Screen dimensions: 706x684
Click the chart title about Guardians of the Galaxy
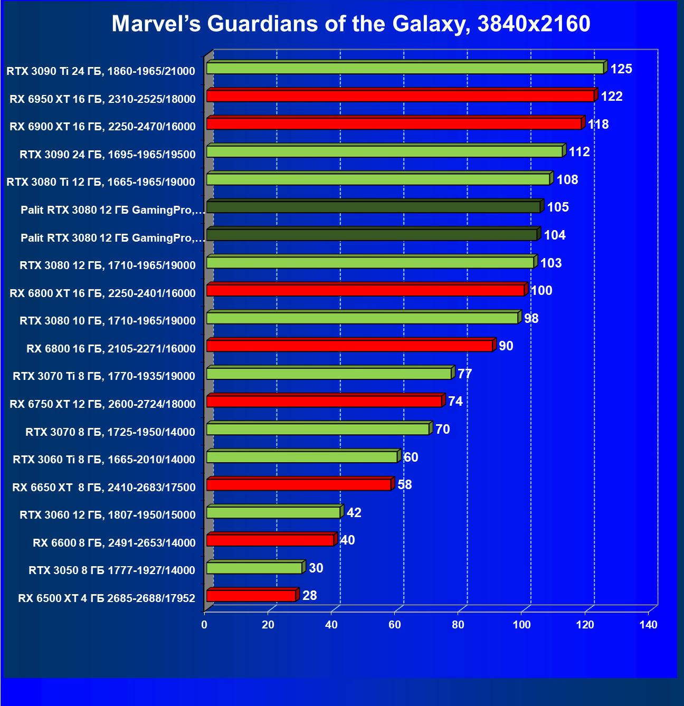[351, 24]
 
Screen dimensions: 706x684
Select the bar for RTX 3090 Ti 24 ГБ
[405, 68]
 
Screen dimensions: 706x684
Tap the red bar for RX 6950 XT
[400, 96]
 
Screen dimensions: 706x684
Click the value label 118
[598, 125]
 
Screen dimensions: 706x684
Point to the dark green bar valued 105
[373, 207]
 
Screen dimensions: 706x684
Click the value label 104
[555, 235]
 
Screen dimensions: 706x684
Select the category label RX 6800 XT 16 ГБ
[102, 293]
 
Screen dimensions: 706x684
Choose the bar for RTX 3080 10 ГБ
[362, 318]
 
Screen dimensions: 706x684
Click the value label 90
[506, 346]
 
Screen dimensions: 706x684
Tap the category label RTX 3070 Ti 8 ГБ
[104, 376]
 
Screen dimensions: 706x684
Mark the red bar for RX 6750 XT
[324, 402]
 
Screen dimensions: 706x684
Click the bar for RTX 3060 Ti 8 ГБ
[301, 457]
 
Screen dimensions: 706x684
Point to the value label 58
[404, 485]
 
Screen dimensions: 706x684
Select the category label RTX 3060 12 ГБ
[108, 515]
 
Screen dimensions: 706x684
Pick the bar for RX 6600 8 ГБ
[270, 540]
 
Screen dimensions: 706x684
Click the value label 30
[316, 568]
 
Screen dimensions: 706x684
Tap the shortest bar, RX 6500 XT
[251, 596]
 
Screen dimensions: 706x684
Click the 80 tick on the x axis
[458, 625]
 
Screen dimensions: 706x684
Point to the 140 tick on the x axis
[648, 625]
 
